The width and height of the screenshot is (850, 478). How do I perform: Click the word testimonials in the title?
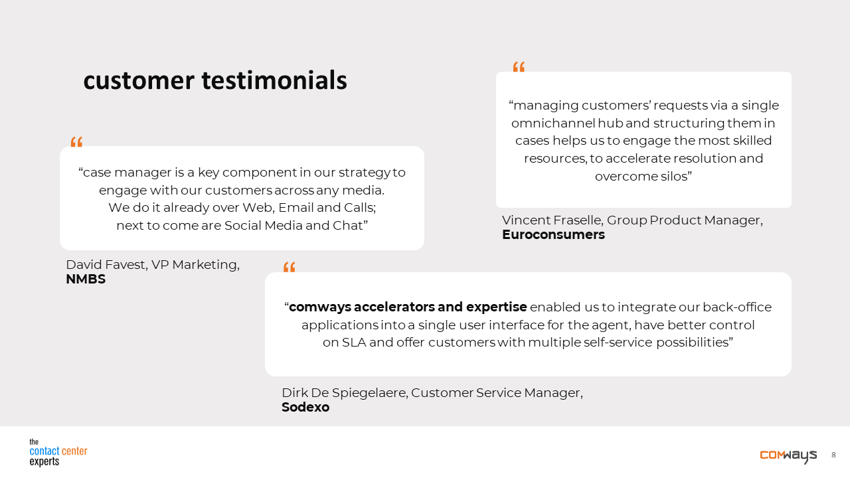pos(274,80)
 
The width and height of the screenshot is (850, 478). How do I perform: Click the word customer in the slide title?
pos(139,81)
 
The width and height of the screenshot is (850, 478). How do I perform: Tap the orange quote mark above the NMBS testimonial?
pos(76,142)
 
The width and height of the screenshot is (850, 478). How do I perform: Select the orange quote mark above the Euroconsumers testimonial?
pos(519,67)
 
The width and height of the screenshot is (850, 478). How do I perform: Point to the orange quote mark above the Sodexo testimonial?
pos(289,267)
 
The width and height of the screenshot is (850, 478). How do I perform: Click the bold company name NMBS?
pos(86,279)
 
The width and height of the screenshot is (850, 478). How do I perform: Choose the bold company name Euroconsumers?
pos(553,235)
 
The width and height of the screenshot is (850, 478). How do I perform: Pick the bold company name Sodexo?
pos(305,408)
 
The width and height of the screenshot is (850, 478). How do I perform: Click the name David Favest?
pos(107,265)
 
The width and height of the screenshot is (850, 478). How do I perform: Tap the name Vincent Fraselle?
pos(552,220)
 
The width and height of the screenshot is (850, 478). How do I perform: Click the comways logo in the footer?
pos(788,456)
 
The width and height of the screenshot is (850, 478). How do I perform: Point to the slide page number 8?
pos(833,455)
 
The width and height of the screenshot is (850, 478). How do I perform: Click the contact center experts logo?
pos(58,452)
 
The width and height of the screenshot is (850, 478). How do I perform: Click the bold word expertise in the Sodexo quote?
pos(496,307)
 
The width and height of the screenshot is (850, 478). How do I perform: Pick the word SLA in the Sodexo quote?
pos(354,343)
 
